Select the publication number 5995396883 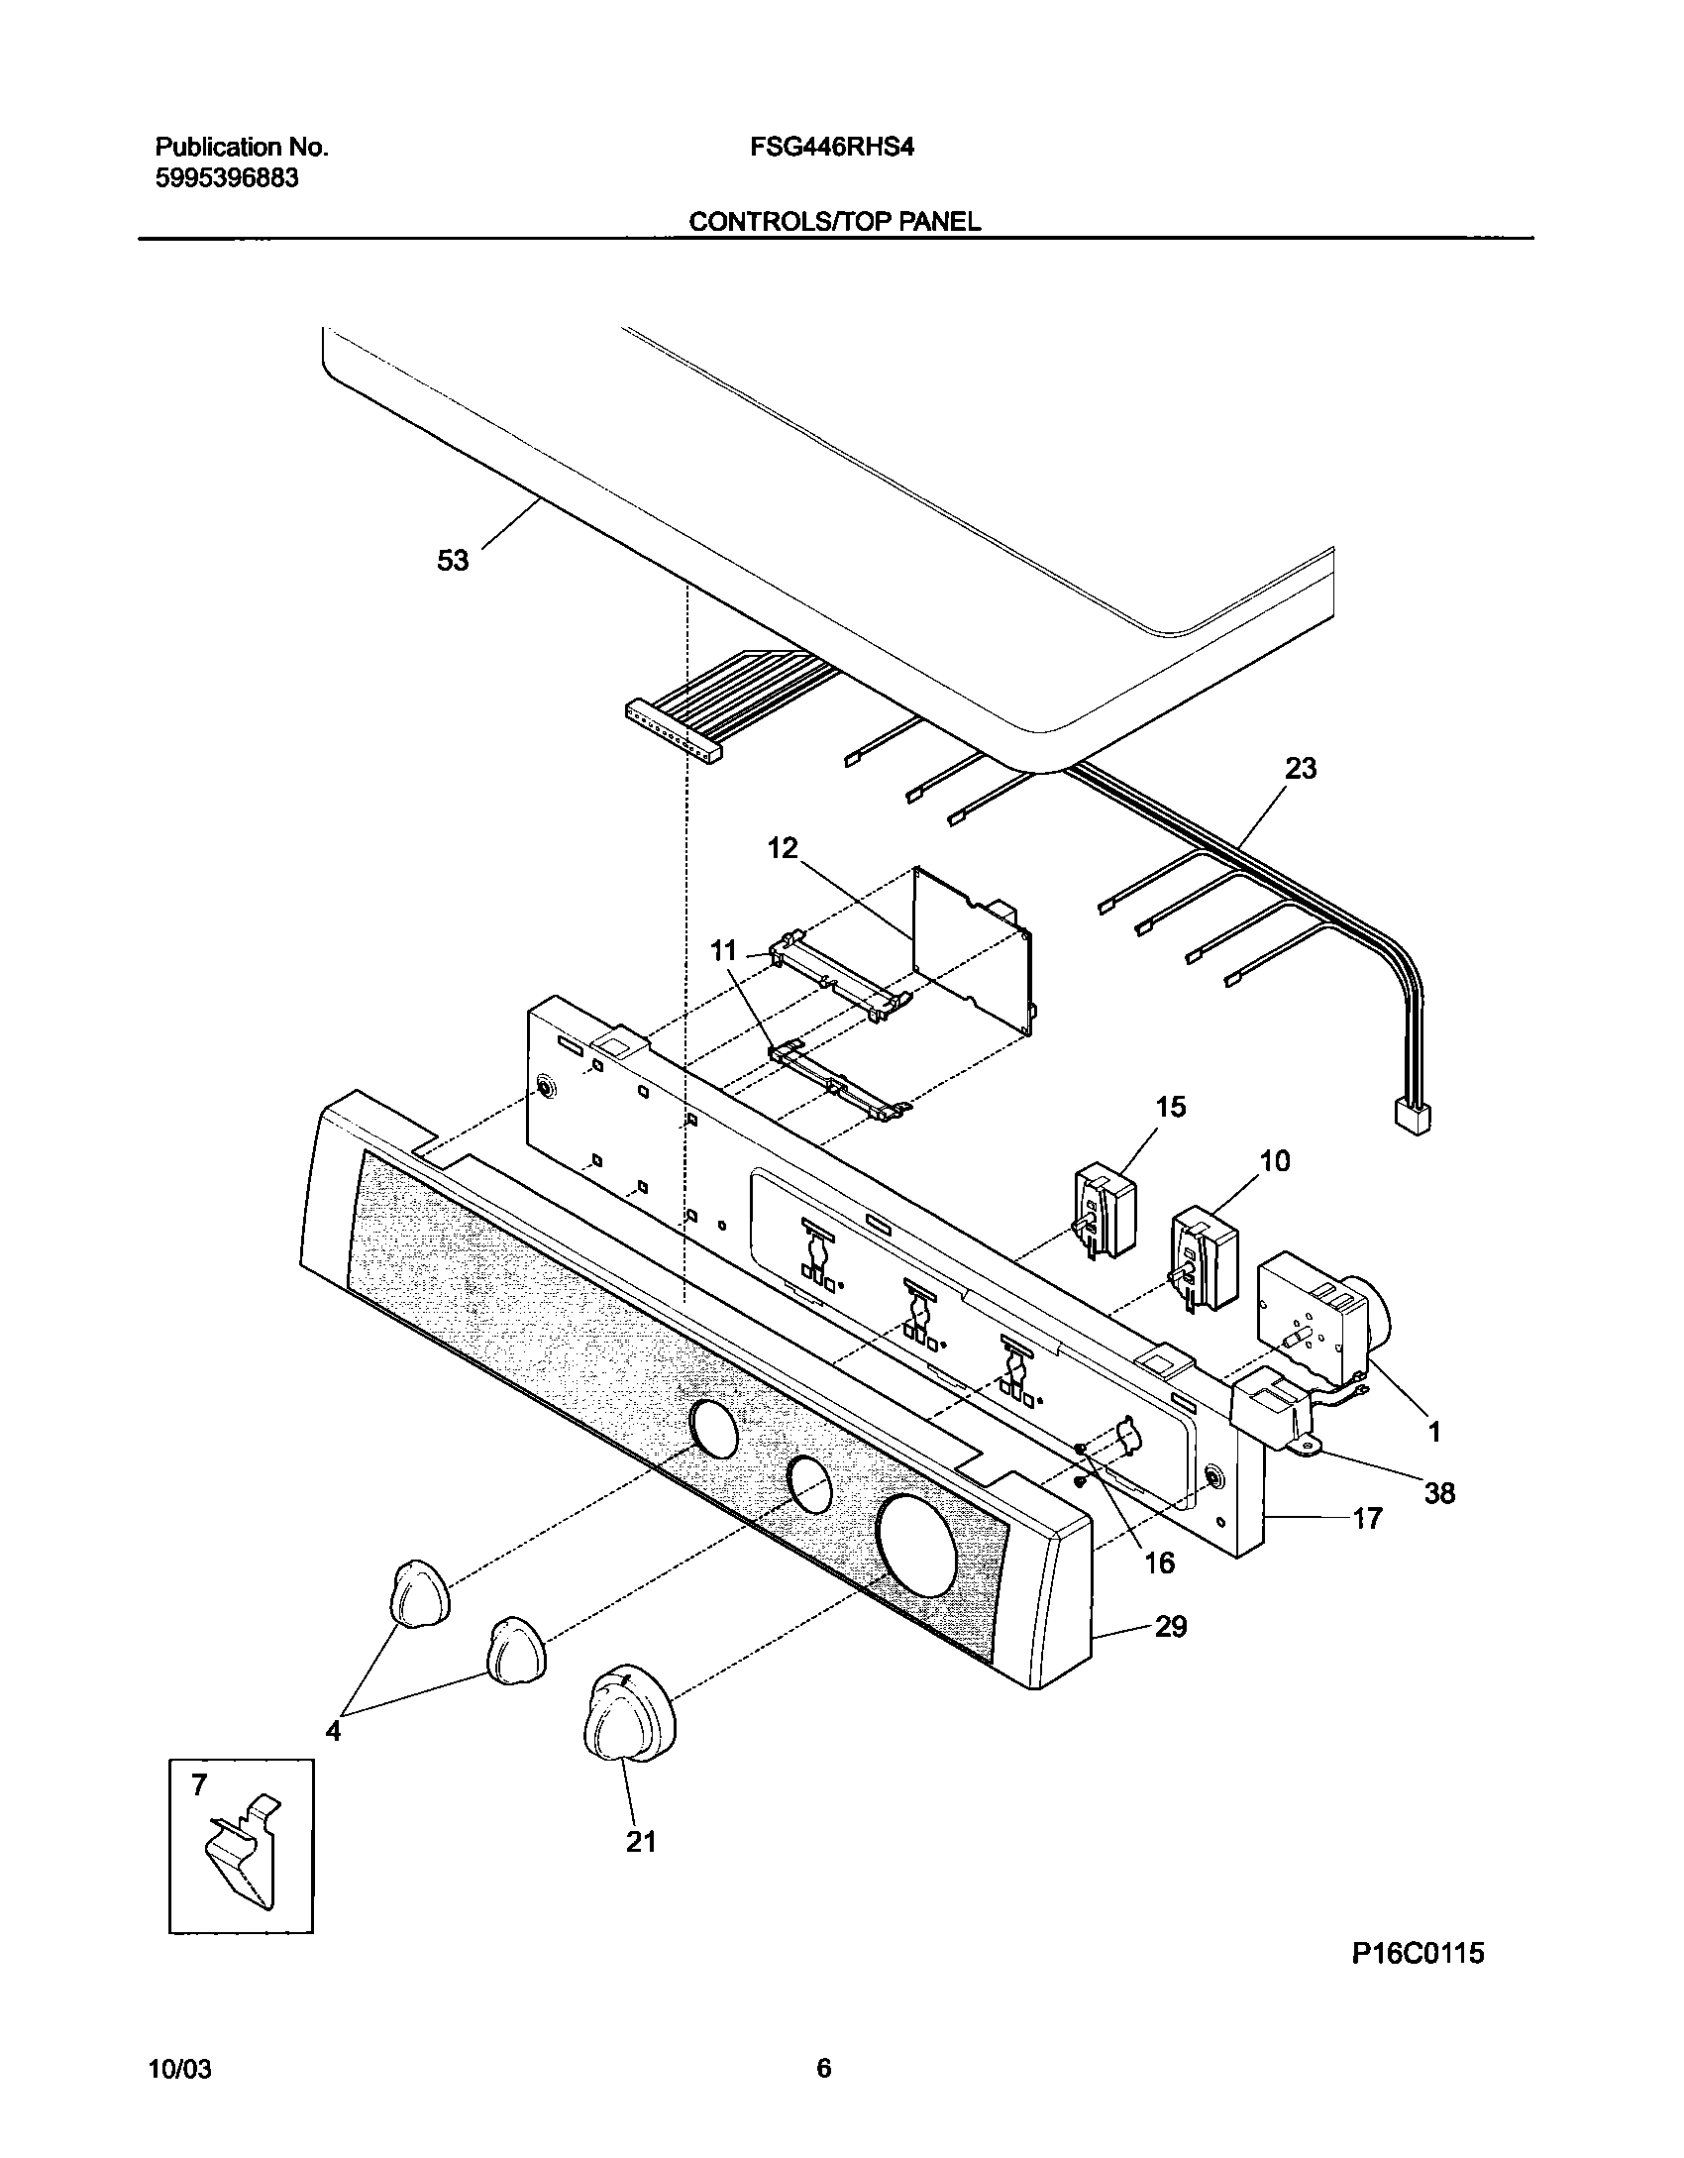(227, 178)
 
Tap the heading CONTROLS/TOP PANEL (834, 222)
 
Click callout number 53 (453, 561)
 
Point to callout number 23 (1300, 768)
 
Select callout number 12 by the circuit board (783, 848)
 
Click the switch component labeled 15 (1105, 1212)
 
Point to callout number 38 (1438, 1493)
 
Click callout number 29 (1171, 1627)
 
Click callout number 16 (1159, 1563)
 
